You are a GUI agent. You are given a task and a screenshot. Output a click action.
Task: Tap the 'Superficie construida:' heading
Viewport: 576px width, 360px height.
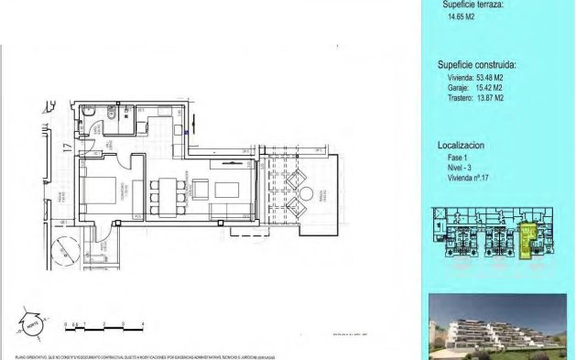tap(476, 65)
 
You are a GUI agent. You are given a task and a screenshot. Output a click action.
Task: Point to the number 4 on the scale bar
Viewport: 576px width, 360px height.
tap(143, 324)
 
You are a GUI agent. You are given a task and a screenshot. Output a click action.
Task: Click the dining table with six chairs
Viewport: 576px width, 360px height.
tap(166, 192)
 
